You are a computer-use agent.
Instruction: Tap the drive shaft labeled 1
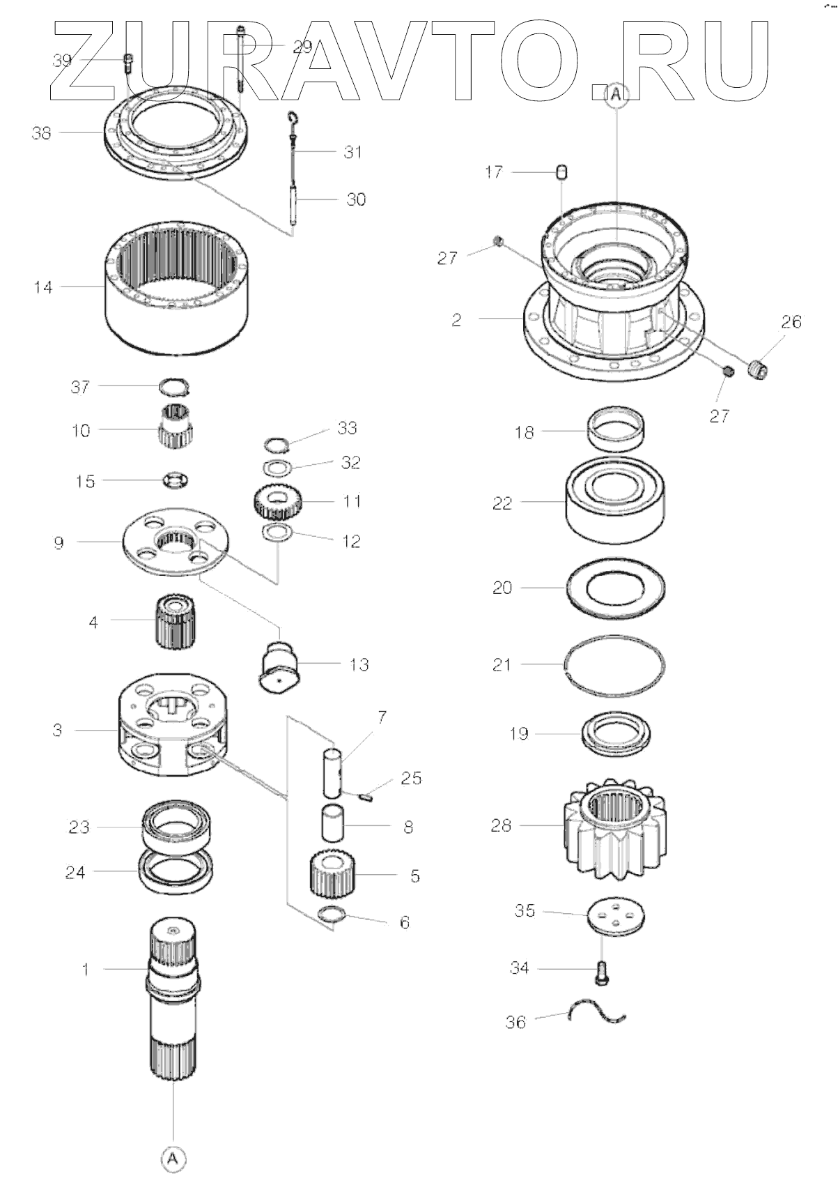[173, 997]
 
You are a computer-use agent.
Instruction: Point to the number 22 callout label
[502, 503]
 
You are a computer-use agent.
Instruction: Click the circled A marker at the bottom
[173, 1159]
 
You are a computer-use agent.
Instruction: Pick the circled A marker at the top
[616, 97]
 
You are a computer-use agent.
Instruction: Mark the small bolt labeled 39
[128, 62]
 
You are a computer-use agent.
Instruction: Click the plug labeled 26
[758, 369]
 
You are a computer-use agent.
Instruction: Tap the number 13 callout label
[359, 665]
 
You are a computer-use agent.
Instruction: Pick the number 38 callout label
[42, 132]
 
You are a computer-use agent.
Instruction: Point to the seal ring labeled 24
[176, 871]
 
